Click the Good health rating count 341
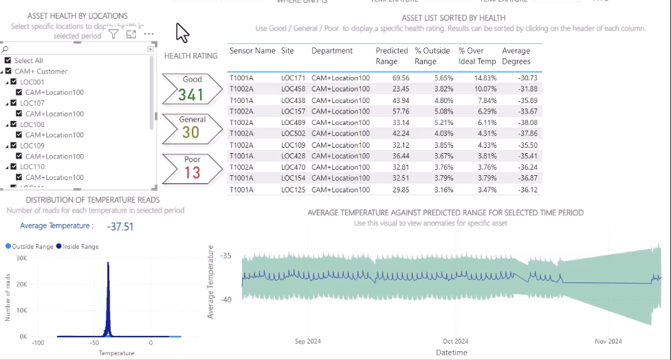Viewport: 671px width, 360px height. [x=191, y=94]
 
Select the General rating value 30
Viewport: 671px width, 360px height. [x=191, y=133]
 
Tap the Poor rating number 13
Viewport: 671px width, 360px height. [x=192, y=172]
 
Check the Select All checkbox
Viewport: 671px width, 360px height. [x=8, y=60]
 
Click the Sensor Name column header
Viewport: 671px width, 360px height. [x=252, y=51]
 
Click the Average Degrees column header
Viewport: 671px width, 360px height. [x=516, y=56]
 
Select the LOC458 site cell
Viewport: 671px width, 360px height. [x=293, y=89]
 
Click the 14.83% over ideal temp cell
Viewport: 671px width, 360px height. [x=481, y=78]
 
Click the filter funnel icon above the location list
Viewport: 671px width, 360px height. [x=113, y=34]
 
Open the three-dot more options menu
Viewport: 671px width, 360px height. [x=148, y=34]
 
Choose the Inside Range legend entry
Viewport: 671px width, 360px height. [x=77, y=246]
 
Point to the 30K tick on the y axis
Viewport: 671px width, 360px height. [x=21, y=258]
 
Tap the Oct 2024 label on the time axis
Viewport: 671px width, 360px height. [x=455, y=341]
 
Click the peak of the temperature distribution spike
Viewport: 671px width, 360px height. [x=108, y=262]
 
